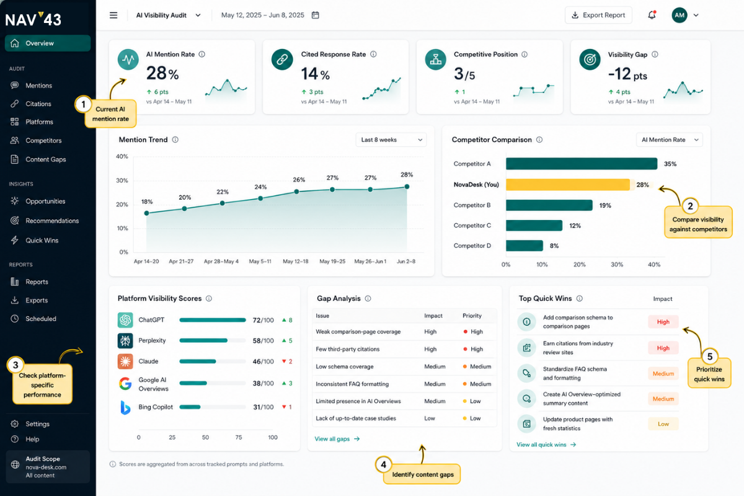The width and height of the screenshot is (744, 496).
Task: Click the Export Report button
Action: [x=598, y=15]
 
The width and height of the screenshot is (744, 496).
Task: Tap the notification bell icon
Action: [x=652, y=15]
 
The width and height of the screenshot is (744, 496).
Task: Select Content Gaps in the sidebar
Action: [x=45, y=159]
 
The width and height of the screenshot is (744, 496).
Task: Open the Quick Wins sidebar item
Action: [x=42, y=240]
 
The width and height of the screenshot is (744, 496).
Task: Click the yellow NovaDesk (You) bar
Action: [x=568, y=185]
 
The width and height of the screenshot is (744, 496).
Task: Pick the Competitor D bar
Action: [x=524, y=246]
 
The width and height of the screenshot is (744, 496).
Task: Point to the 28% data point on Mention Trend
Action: [x=407, y=187]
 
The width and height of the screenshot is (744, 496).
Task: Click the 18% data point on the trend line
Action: [x=146, y=213]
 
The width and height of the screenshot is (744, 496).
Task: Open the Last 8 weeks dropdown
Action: [x=391, y=140]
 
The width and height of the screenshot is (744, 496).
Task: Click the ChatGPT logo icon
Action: [x=125, y=320]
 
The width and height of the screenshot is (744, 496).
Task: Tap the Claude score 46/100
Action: [x=263, y=361]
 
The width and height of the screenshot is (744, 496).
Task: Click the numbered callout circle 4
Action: [x=383, y=464]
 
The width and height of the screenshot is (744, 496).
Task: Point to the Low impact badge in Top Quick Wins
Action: [x=663, y=424]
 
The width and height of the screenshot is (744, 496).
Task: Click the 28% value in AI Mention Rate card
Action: [x=162, y=73]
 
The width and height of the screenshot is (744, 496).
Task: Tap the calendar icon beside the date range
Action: [x=315, y=15]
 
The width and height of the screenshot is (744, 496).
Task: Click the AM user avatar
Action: [x=680, y=15]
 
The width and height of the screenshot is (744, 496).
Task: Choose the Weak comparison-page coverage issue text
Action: [x=358, y=332]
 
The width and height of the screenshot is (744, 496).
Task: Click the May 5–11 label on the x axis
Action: [x=260, y=262]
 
